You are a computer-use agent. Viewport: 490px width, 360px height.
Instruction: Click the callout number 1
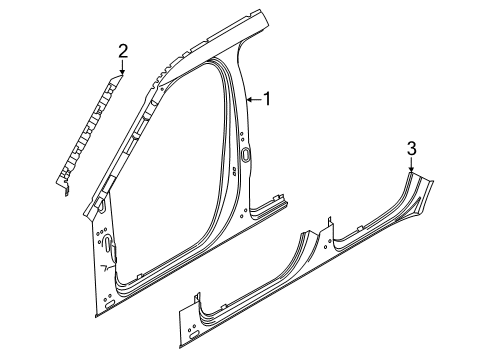click(267, 98)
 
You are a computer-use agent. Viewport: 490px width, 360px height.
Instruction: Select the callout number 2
click(123, 51)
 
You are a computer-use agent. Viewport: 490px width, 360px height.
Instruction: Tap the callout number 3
click(410, 149)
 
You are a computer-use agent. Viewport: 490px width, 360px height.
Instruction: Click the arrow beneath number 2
click(123, 68)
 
